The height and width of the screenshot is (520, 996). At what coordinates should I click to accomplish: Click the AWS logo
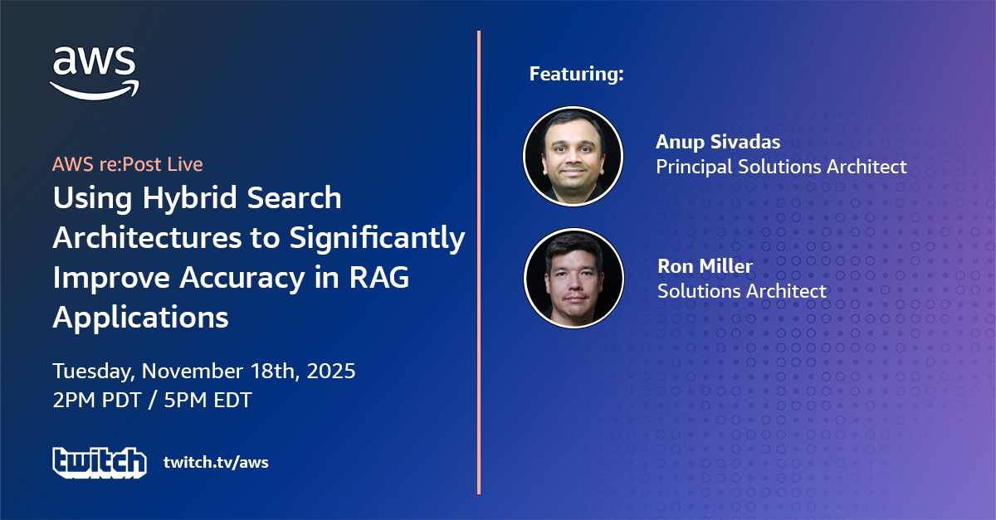click(95, 72)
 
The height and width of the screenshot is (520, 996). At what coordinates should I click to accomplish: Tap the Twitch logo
click(100, 463)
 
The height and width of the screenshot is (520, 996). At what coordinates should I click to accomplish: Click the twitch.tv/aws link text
click(216, 462)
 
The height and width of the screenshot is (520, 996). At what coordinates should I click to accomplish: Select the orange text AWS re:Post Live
click(128, 164)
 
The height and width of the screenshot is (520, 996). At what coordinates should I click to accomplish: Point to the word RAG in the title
click(378, 277)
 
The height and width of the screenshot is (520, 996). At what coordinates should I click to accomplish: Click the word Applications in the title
click(140, 318)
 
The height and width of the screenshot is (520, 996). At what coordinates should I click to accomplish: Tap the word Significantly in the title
click(377, 239)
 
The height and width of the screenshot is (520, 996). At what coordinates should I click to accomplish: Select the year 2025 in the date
click(331, 371)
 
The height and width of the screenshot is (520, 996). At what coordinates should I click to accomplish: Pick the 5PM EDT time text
click(207, 400)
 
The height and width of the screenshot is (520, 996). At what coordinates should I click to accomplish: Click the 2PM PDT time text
click(97, 400)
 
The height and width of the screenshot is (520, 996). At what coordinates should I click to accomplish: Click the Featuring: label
click(577, 73)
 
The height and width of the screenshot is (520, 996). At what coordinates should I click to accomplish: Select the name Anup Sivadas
click(718, 142)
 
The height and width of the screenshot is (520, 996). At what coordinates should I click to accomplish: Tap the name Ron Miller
click(705, 265)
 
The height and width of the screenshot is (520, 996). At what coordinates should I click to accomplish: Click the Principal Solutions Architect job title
click(781, 167)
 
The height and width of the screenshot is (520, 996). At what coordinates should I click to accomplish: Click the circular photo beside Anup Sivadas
click(574, 157)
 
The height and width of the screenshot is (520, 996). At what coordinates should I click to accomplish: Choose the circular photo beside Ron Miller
click(574, 278)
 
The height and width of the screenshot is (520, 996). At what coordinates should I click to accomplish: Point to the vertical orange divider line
click(479, 262)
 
